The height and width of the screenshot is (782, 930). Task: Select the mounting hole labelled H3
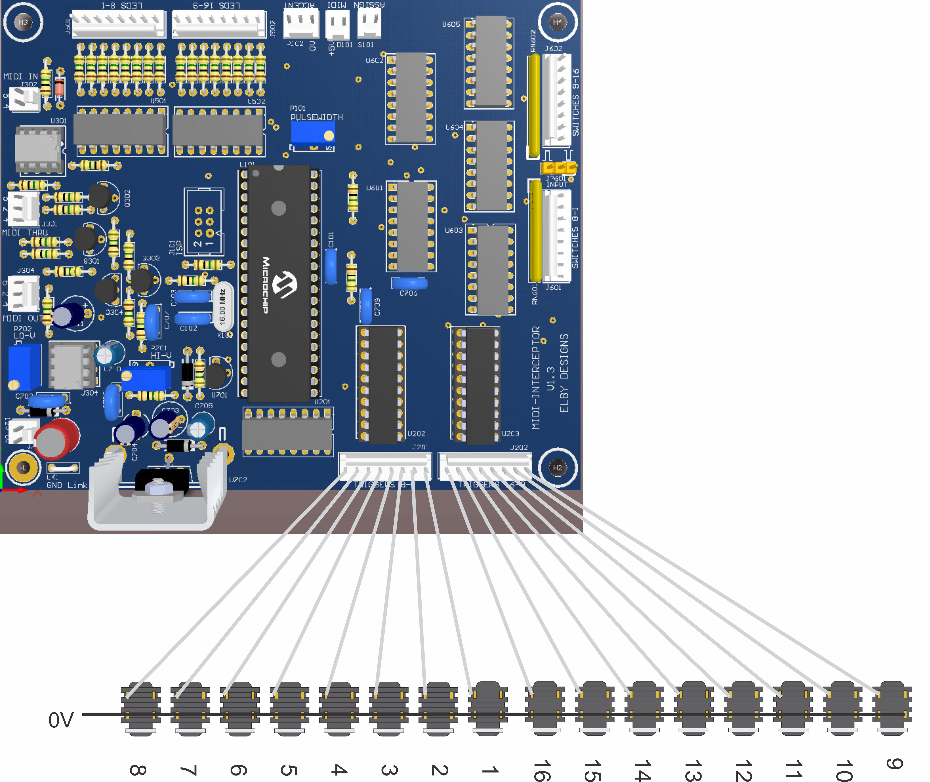(23, 22)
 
